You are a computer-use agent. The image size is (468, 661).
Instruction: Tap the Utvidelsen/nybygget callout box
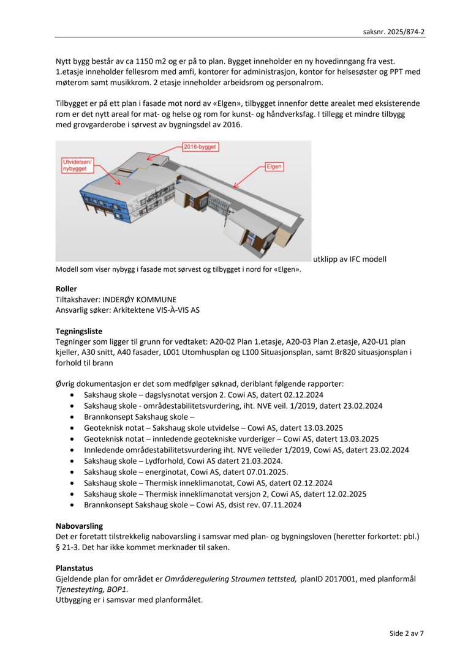pos(76,165)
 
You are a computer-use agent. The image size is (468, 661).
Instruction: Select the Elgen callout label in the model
pos(274,166)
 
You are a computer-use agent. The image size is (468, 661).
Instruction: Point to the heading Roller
pos(66,288)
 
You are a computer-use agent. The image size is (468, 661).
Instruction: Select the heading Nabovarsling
pos(79,525)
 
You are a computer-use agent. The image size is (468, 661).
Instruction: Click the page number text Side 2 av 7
pos(406,633)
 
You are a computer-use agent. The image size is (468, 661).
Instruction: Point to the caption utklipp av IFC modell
pos(349,259)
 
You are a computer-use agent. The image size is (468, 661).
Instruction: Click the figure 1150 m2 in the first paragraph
pos(163,61)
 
